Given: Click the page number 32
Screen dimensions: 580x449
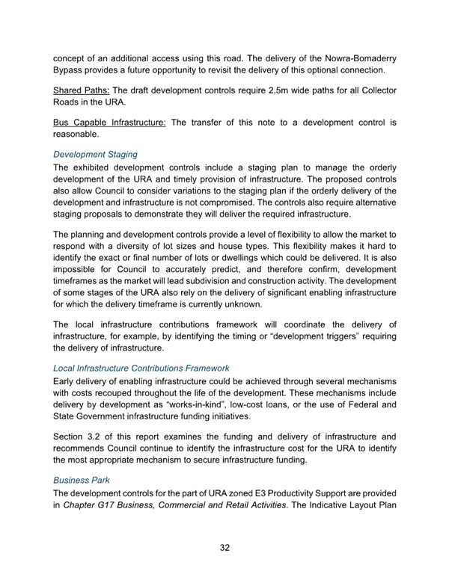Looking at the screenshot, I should tap(224, 548).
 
